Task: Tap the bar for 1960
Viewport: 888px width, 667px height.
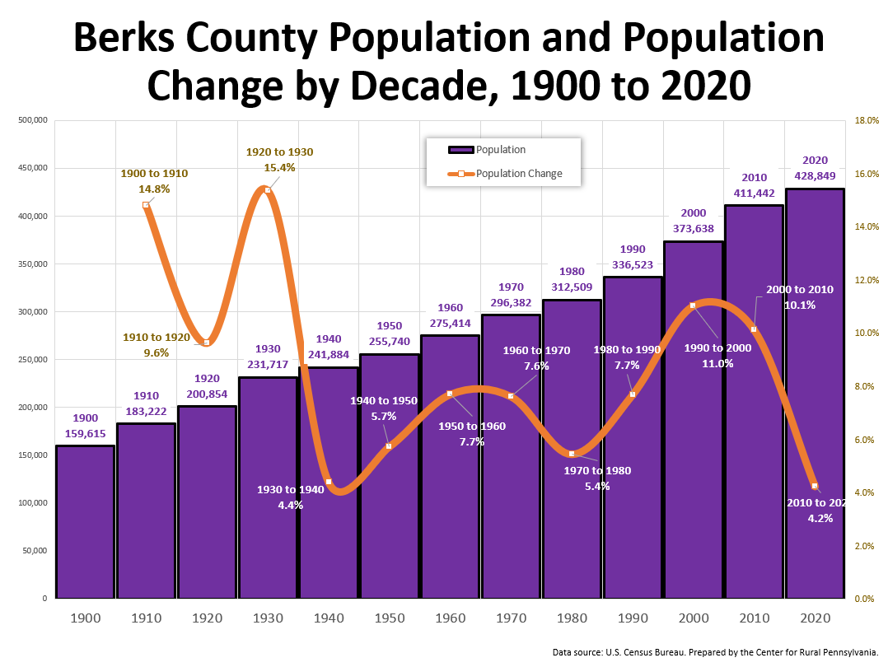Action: tap(451, 494)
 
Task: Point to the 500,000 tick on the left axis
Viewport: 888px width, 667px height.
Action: tap(33, 121)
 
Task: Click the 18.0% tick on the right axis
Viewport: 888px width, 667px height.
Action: tap(867, 121)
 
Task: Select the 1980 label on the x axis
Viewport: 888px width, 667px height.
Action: tap(572, 617)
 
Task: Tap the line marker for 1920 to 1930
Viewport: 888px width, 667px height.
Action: tap(268, 190)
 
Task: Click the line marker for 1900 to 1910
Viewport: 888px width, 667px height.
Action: tap(146, 205)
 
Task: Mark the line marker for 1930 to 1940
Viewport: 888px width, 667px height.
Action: tap(329, 482)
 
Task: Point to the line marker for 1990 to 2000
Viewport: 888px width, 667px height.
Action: tap(693, 306)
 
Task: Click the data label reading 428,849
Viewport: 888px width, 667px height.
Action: tap(816, 176)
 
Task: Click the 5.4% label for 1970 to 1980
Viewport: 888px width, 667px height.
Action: tap(598, 486)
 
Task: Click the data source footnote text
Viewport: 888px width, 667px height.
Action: tap(716, 652)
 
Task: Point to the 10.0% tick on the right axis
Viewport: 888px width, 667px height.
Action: tap(867, 333)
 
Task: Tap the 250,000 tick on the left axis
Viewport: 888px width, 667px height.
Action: tap(33, 360)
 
